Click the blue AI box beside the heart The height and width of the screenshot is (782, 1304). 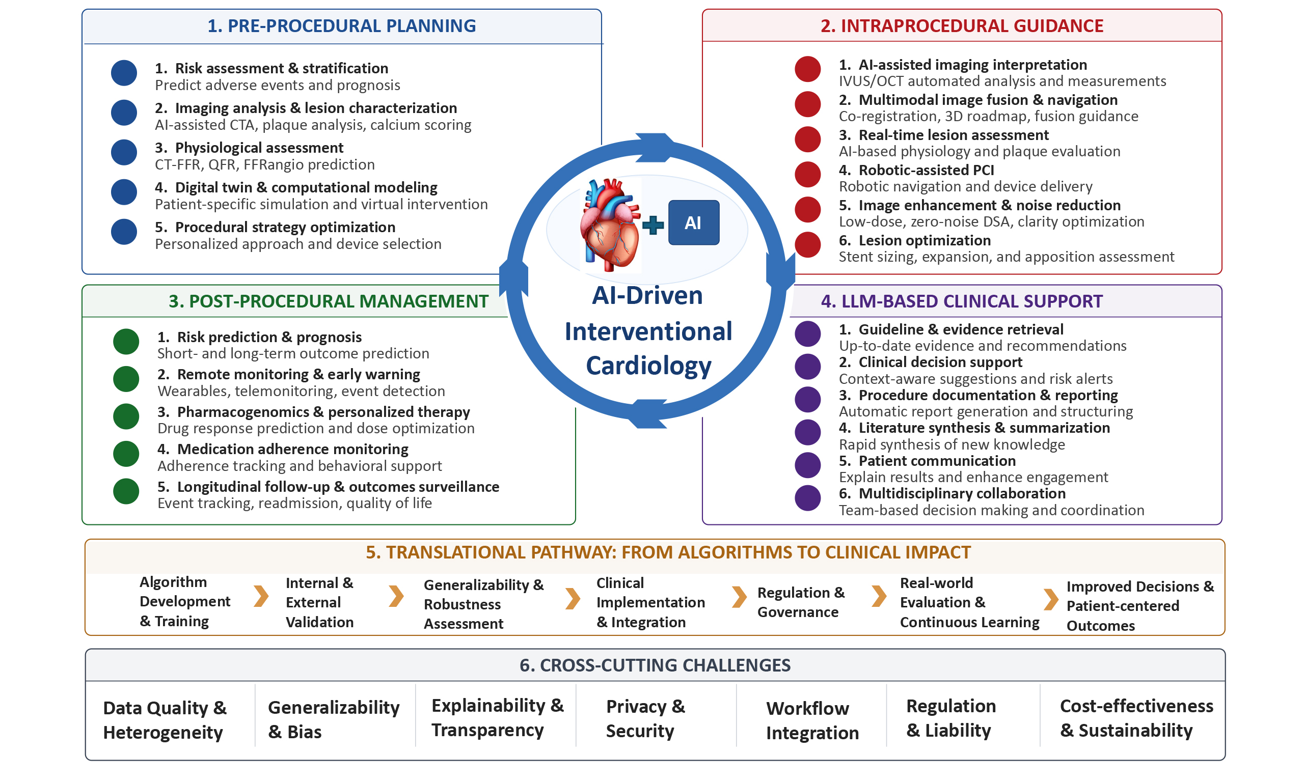pos(693,222)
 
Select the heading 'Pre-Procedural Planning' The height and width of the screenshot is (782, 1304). pos(342,26)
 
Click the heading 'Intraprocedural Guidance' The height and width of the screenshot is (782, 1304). pos(961,26)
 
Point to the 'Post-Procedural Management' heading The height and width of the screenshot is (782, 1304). pos(329,301)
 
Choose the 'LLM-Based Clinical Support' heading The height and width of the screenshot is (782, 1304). pos(961,301)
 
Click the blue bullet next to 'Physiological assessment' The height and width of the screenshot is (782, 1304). pos(124,152)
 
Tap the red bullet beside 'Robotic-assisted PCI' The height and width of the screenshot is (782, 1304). pos(807,175)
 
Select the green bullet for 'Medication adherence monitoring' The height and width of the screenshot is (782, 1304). pos(126,454)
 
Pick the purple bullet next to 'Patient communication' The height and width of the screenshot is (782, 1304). pos(807,465)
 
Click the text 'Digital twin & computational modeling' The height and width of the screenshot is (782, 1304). pos(306,187)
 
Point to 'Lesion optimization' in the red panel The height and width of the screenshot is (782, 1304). pos(925,240)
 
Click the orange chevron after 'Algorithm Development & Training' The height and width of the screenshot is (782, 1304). pos(261,596)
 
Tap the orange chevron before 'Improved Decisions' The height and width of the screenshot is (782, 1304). pos(1051,599)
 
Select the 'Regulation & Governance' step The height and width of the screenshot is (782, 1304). pos(801,602)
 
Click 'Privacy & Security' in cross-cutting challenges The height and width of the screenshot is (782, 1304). pos(645,718)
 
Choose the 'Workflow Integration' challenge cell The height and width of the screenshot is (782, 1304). pos(812,720)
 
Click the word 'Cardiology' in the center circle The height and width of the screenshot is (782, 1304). pos(648,366)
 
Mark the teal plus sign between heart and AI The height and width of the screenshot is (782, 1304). pos(653,225)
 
